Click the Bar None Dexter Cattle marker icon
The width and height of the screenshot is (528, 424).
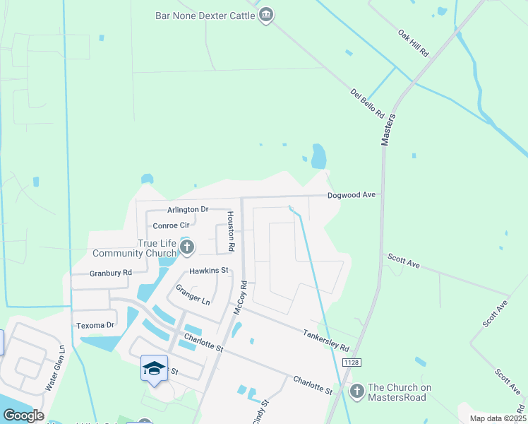[265, 15]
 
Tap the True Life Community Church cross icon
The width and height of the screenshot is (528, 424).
[187, 247]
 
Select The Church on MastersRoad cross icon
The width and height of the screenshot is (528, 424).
[357, 390]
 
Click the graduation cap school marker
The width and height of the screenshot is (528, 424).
[154, 368]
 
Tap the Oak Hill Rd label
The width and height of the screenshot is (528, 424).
[414, 43]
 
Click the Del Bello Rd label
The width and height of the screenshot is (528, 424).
[367, 102]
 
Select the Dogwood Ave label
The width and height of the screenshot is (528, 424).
[350, 194]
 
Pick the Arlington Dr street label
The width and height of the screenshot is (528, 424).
[188, 209]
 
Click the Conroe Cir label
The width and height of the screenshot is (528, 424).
[171, 225]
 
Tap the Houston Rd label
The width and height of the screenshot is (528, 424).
[230, 231]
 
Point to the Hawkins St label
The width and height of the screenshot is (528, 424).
[208, 270]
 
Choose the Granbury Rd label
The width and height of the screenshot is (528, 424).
[111, 272]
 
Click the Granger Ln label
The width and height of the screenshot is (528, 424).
[193, 295]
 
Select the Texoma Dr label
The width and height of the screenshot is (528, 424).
[95, 325]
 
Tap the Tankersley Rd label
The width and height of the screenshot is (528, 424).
[326, 341]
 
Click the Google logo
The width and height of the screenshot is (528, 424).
[23, 415]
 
